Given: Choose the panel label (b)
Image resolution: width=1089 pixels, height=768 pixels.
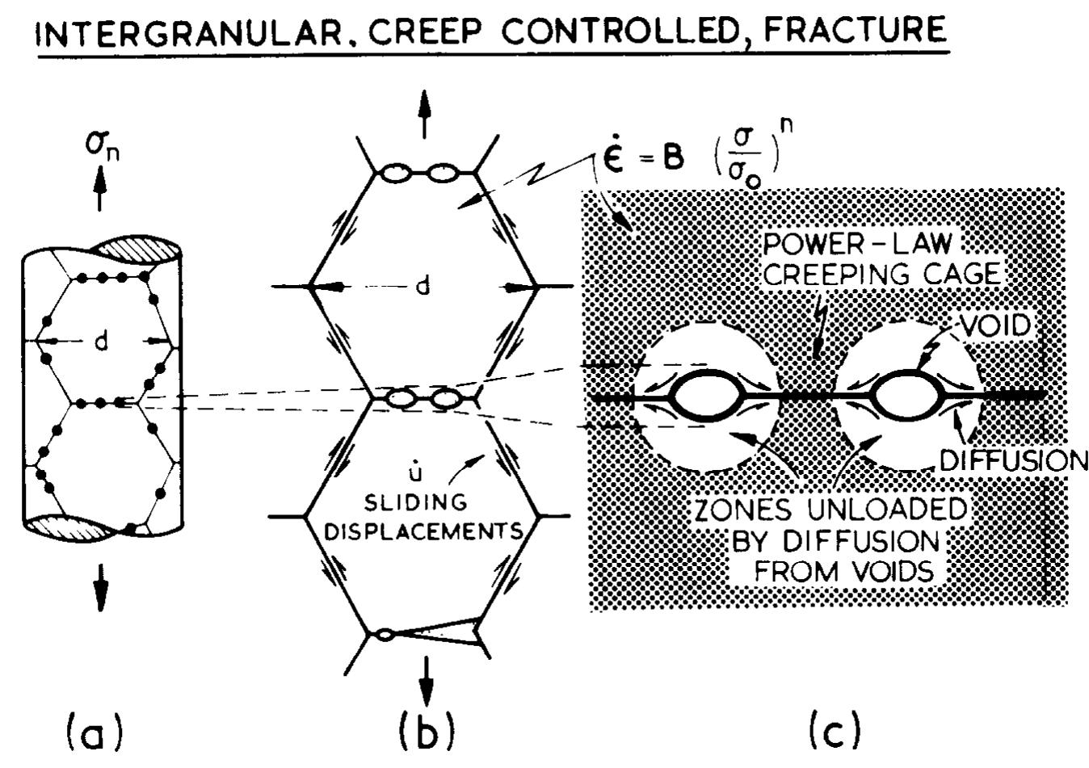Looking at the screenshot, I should [x=427, y=732].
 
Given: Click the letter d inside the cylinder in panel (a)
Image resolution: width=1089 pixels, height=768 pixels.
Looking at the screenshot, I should [x=100, y=342].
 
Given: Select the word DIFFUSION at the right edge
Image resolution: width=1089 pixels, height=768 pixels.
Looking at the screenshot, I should [x=1015, y=460].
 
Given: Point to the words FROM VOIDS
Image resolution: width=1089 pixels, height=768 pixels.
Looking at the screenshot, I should [x=844, y=571].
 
